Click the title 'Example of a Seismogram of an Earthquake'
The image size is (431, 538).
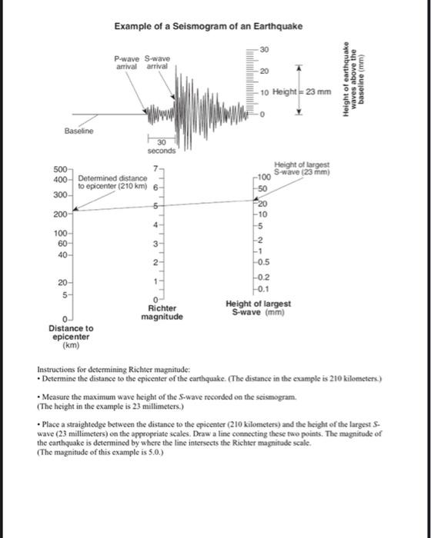(x=208, y=27)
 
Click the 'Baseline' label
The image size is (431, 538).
(x=79, y=131)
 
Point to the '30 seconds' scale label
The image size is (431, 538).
(x=162, y=146)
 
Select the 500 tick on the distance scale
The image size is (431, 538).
(x=58, y=169)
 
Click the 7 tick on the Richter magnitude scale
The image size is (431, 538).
(x=155, y=168)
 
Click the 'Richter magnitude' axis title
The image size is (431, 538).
(x=162, y=313)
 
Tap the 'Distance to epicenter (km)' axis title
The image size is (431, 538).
(x=72, y=337)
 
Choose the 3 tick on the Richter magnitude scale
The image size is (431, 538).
(x=155, y=244)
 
